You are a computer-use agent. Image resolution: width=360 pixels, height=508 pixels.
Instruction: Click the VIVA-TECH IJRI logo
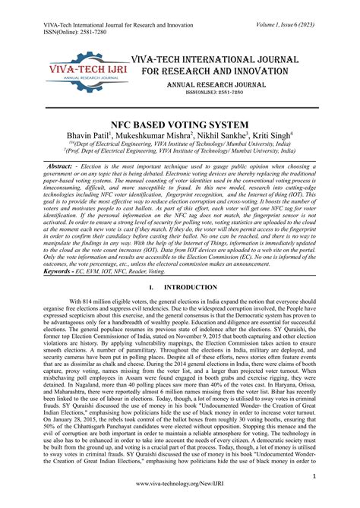click(85, 76)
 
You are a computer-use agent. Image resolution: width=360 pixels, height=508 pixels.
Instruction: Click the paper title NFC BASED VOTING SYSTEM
click(179, 124)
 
